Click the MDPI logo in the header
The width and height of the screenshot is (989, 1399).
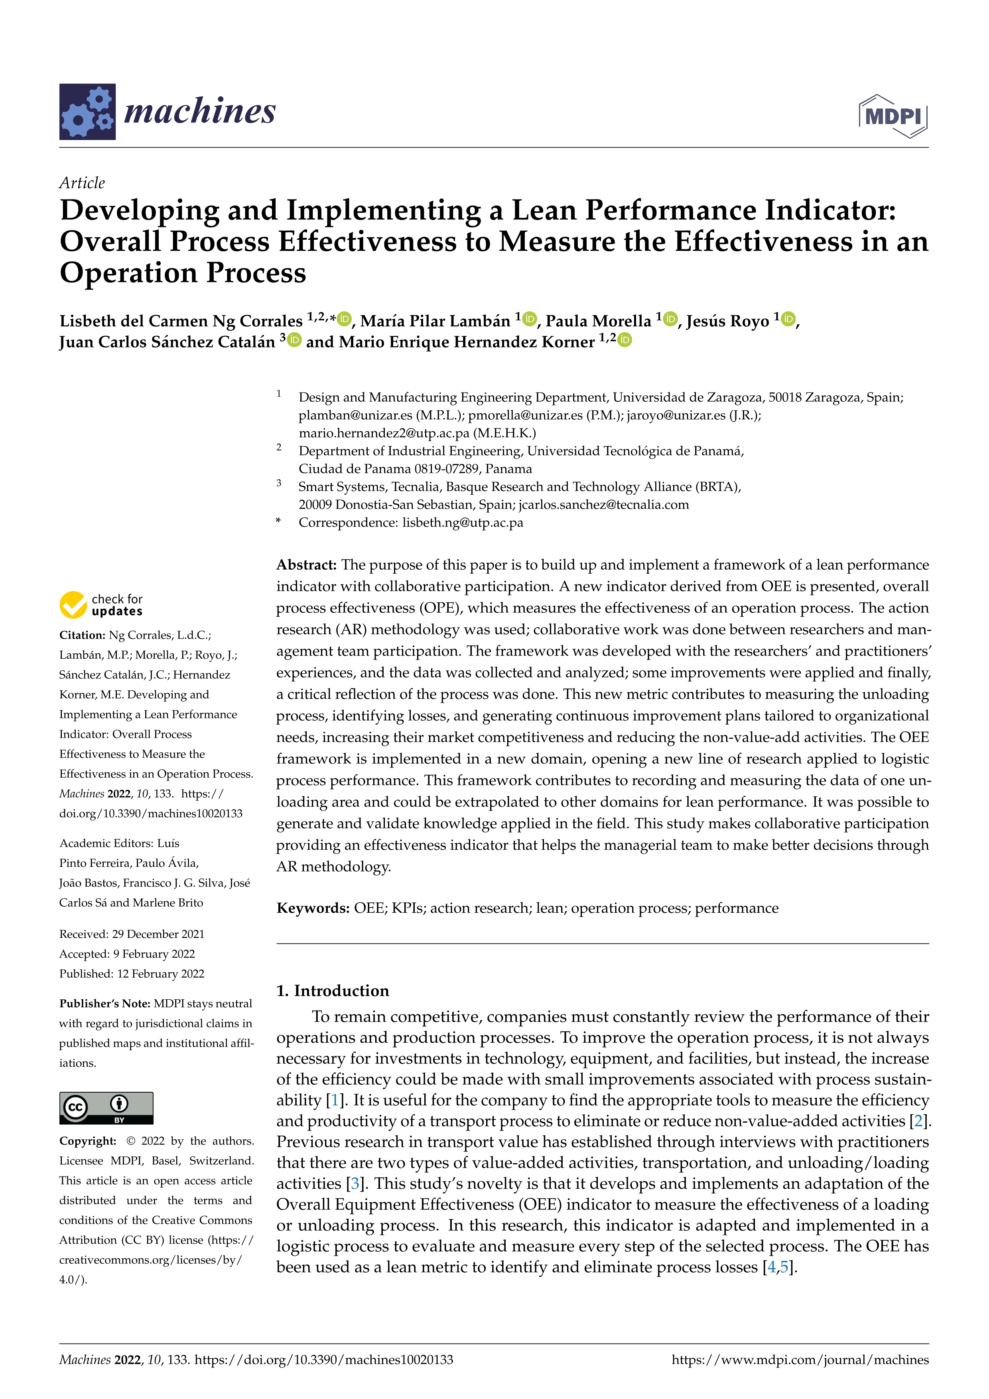tap(893, 116)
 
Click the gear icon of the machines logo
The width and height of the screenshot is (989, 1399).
tap(87, 112)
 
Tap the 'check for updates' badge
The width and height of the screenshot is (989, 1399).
tap(101, 604)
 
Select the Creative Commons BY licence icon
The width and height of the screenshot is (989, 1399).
tap(106, 1108)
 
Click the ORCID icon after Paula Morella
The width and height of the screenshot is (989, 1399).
tap(670, 319)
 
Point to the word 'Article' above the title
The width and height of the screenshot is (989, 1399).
tap(82, 183)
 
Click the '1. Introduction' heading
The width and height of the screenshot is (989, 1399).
tap(333, 991)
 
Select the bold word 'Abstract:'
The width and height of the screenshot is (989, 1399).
tap(306, 565)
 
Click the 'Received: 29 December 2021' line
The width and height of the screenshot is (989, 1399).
tap(132, 934)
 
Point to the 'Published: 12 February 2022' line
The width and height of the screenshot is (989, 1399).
tap(132, 974)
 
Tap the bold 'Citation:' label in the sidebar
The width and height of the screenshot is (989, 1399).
tap(82, 635)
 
